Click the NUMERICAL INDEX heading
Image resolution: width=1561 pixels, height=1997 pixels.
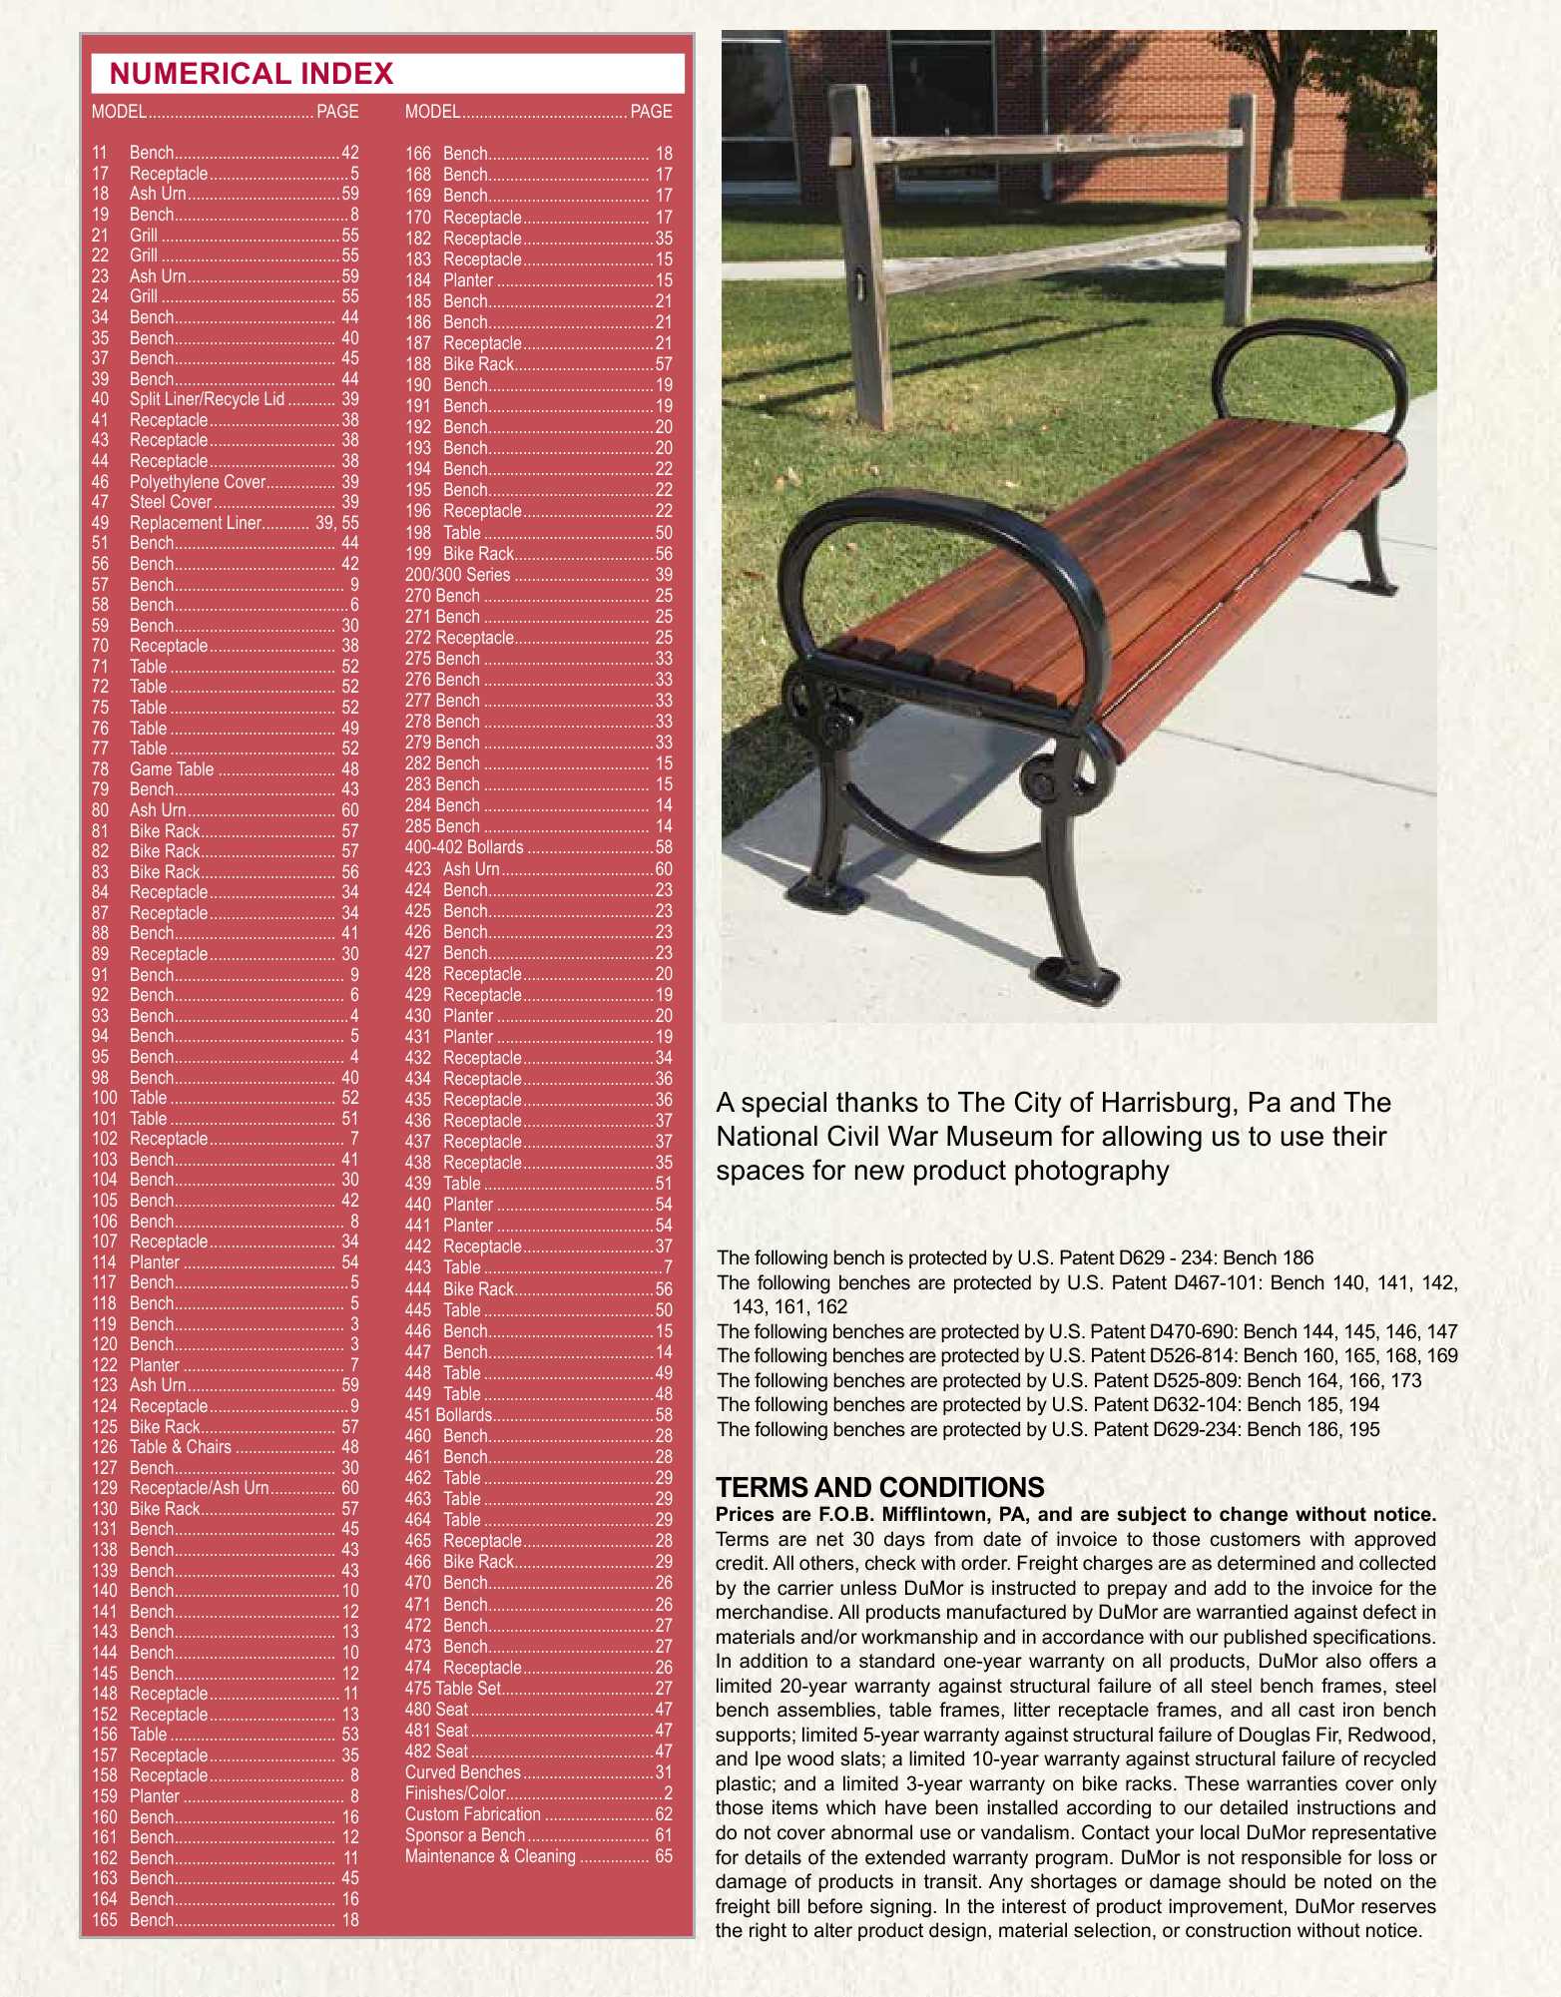pyautogui.click(x=252, y=74)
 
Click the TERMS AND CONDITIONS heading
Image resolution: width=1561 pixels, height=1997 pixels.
pyautogui.click(x=879, y=1488)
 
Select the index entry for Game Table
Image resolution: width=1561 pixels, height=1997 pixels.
pyautogui.click(x=172, y=769)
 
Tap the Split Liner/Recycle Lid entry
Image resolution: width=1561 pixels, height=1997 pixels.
pyautogui.click(x=207, y=399)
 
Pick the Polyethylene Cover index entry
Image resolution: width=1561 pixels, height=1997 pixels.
pyautogui.click(x=198, y=482)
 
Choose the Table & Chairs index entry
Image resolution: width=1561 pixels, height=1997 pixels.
pyautogui.click(x=181, y=1447)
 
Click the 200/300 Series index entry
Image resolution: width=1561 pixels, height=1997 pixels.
pyautogui.click(x=457, y=575)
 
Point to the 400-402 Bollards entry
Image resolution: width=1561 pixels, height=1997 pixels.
pyautogui.click(x=464, y=847)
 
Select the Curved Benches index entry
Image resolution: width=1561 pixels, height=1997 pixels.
pyautogui.click(x=463, y=1772)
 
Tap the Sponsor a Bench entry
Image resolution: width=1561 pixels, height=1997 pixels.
pyautogui.click(x=465, y=1835)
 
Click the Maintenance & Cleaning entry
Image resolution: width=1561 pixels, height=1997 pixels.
pyautogui.click(x=490, y=1856)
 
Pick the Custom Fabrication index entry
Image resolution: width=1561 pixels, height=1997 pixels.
pyautogui.click(x=473, y=1814)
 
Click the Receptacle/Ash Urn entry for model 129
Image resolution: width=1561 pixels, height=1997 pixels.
pyautogui.click(x=199, y=1488)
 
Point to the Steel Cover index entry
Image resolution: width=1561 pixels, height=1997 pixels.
pyautogui.click(x=171, y=502)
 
